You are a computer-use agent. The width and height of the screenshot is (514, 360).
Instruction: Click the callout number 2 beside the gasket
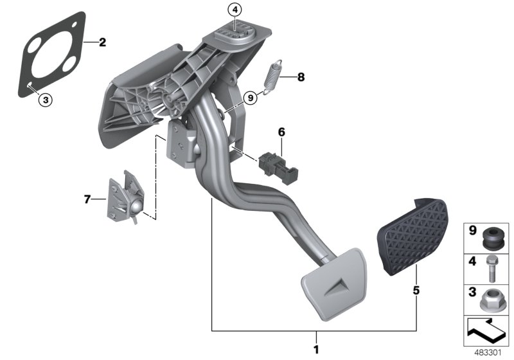click(x=102, y=43)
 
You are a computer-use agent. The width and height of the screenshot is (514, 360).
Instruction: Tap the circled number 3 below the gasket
click(x=44, y=99)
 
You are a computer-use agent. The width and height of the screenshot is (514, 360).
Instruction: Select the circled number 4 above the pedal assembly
click(x=235, y=10)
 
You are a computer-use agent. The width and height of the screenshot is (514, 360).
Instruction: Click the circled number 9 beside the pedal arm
click(x=250, y=97)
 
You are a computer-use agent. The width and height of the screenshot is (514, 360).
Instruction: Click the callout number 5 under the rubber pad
click(x=416, y=291)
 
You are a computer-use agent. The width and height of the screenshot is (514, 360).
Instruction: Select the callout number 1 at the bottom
click(x=315, y=350)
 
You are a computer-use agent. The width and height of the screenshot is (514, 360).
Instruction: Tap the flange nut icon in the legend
click(x=495, y=299)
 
